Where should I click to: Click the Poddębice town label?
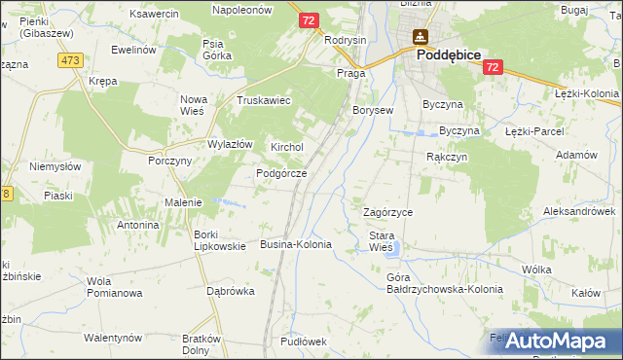(449, 56)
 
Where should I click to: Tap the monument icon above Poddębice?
(420, 38)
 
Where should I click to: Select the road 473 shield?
(69, 60)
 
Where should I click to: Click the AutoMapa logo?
(552, 341)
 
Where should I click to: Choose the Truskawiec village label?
(265, 100)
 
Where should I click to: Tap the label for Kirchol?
(287, 147)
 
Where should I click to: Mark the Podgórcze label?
(281, 173)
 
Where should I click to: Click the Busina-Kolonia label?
(297, 244)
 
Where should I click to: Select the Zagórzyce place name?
(388, 211)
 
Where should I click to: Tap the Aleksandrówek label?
(579, 211)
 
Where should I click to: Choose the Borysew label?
(373, 111)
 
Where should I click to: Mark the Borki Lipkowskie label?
(219, 239)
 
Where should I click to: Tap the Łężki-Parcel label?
(535, 131)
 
